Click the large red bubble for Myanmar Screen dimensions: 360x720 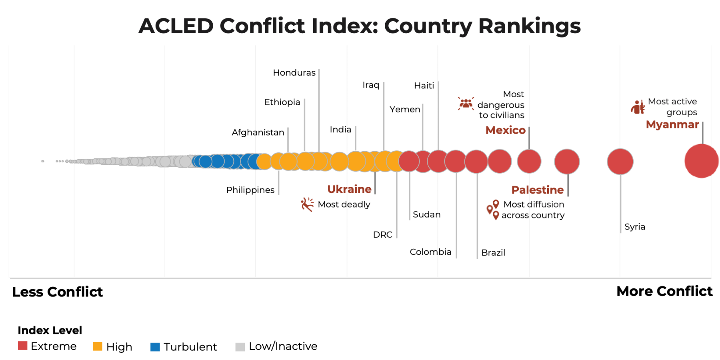701,161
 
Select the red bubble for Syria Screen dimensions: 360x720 620,162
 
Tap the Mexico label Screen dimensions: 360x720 505,130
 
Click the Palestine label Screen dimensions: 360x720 537,190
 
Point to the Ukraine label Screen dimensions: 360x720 349,189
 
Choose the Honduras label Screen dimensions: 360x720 294,73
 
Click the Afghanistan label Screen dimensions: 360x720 258,132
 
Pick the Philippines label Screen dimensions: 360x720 250,190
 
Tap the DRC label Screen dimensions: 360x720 382,235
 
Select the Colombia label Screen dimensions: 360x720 430,252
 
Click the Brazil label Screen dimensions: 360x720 493,253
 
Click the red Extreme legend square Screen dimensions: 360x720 23,346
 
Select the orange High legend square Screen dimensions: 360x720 98,346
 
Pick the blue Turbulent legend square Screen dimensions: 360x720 155,347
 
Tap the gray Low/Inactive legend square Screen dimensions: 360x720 240,347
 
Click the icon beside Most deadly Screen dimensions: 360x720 307,204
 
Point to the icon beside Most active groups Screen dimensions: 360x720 638,107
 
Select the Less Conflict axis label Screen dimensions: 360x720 58,292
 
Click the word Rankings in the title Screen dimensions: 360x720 529,26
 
